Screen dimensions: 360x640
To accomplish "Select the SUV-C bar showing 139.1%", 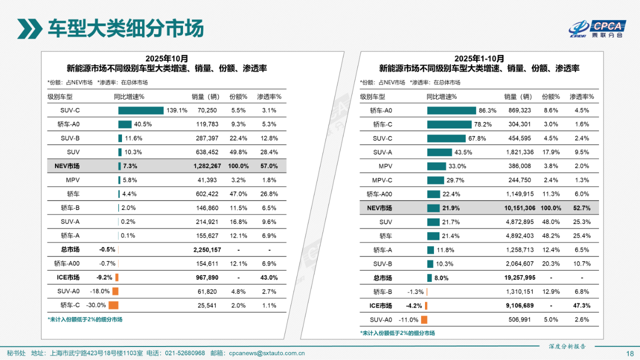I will point(140,110).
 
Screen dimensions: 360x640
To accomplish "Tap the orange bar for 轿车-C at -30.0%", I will point(113,305).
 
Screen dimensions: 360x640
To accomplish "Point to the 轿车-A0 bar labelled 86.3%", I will point(451,110).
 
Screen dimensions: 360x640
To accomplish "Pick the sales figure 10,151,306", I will point(518,208).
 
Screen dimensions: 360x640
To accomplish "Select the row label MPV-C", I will point(382,180).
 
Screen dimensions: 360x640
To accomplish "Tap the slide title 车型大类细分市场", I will point(125,28).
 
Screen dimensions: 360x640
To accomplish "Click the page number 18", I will point(629,353).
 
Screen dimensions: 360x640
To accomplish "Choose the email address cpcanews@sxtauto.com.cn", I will point(267,353).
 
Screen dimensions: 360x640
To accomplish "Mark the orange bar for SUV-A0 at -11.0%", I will point(424,319).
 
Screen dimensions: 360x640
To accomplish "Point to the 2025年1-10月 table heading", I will point(479,58).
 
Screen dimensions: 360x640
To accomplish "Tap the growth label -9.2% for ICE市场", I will point(104,277).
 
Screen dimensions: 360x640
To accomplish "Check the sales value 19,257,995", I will point(518,277).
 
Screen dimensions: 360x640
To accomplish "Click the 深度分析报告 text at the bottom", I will point(567,346).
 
